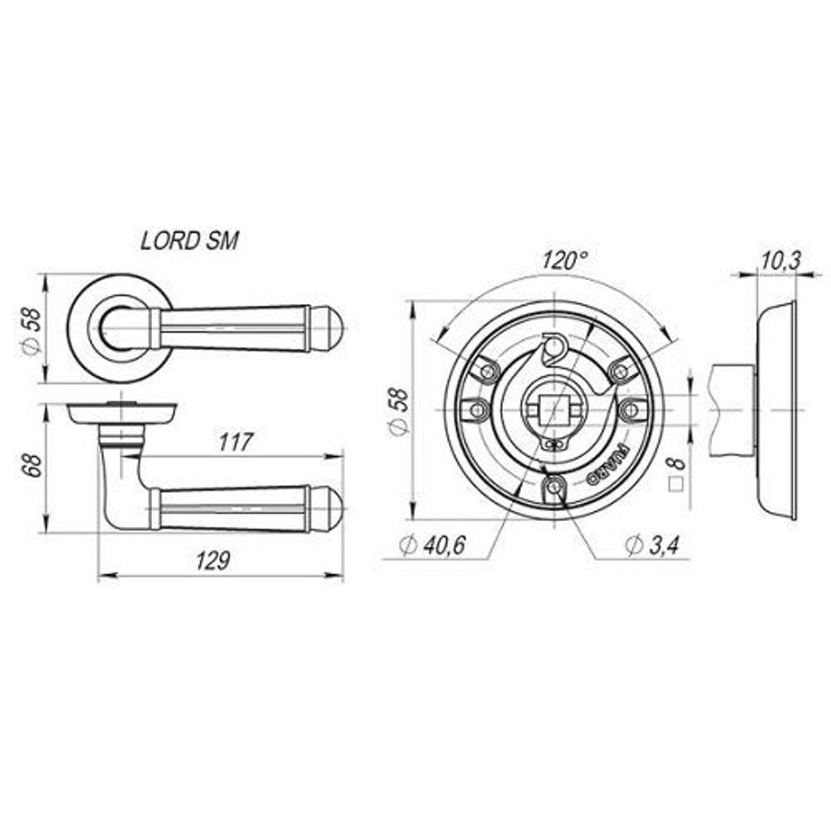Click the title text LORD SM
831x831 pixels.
[189, 241]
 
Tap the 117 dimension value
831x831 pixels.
[236, 443]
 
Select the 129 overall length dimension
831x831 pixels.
[214, 561]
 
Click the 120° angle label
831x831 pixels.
[564, 260]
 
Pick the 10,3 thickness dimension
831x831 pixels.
[779, 260]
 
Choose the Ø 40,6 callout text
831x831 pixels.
[432, 545]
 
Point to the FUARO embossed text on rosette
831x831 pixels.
[609, 466]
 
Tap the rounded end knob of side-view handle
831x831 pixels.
[330, 508]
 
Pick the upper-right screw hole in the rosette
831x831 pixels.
[618, 369]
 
